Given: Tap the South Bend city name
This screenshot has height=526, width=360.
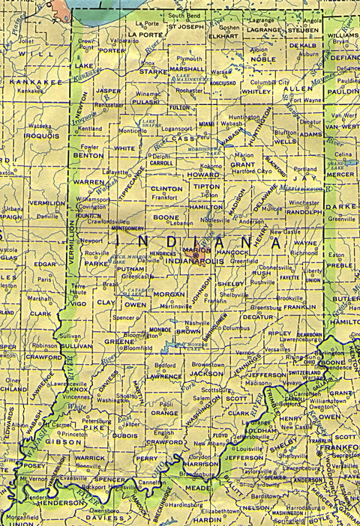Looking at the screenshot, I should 184,15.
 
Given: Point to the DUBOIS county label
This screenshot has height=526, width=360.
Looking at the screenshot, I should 124,435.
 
